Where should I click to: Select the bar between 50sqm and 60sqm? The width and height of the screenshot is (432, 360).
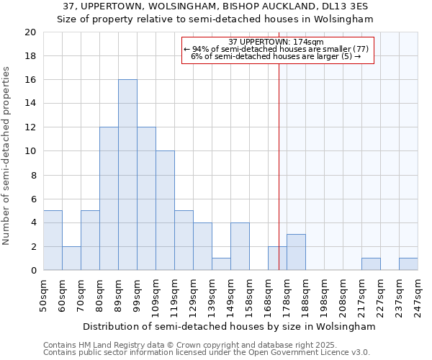(53, 240)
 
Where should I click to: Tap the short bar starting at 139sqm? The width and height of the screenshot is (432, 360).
(221, 264)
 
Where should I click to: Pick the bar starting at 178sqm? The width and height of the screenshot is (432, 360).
(296, 252)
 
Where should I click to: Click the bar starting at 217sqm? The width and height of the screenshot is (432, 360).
(371, 264)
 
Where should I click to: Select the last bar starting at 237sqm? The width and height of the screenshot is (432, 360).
(408, 264)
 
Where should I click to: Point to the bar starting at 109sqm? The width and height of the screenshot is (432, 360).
(165, 211)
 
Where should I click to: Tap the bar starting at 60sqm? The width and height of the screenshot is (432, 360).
(71, 258)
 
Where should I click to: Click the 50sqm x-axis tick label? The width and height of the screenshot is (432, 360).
(44, 295)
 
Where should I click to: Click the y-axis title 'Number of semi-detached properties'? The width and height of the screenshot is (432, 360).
(7, 156)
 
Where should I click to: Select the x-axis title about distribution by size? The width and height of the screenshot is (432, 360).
(229, 326)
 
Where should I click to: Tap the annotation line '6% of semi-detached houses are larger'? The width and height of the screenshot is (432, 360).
(276, 56)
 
